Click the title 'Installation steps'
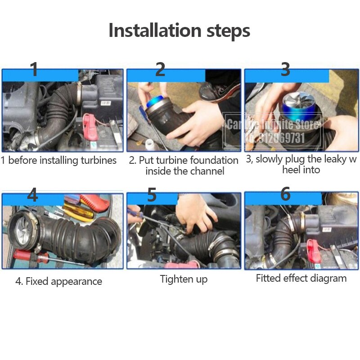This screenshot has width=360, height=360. click(179, 31)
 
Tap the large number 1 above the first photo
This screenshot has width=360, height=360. click(34, 70)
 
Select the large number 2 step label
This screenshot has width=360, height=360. click(160, 69)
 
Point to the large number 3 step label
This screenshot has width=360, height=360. click(285, 69)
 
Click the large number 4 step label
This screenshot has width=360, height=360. click(32, 195)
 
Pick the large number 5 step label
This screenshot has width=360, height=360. click(152, 195)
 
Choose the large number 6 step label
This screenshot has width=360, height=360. click(285, 194)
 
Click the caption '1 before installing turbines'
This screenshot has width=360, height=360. click(58, 160)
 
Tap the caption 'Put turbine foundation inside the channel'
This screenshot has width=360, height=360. click(184, 166)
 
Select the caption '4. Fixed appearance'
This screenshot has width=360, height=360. click(58, 282)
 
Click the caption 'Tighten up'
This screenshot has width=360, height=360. click(184, 279)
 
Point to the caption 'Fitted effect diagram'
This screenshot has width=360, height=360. click(301, 278)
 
